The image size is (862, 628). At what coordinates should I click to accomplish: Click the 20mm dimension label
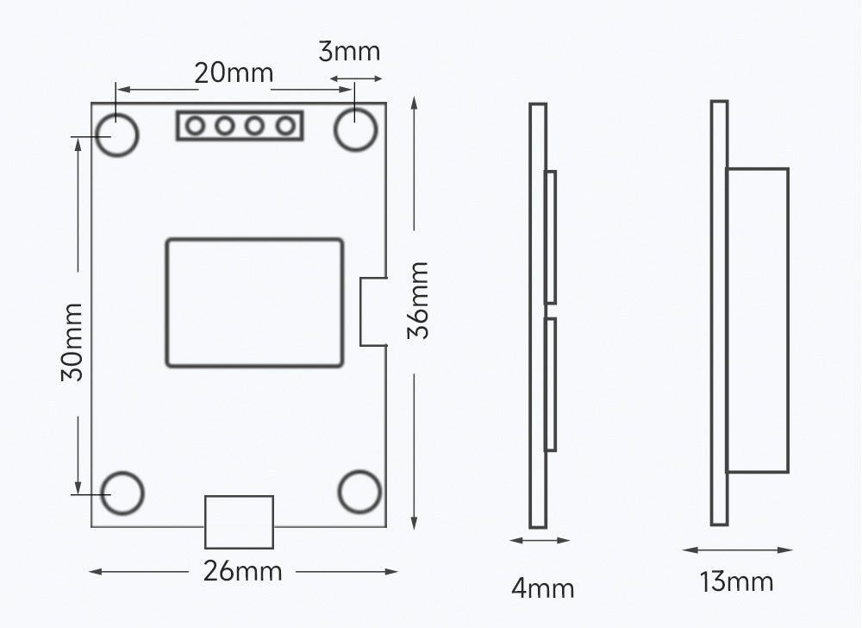click(x=234, y=73)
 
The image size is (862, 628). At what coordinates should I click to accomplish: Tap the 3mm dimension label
click(x=349, y=52)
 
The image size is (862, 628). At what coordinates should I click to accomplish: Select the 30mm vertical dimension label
click(x=72, y=342)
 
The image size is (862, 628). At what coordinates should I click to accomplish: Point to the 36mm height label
click(x=418, y=300)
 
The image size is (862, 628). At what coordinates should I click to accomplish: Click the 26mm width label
click(x=242, y=571)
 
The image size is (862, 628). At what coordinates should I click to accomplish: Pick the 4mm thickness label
click(x=542, y=588)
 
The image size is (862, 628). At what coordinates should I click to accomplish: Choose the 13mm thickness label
click(x=736, y=581)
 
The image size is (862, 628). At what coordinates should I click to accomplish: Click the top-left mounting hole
click(x=117, y=135)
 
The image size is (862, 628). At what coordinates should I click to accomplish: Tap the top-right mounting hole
click(x=356, y=129)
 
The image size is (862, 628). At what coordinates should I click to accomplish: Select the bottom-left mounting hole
click(x=122, y=493)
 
